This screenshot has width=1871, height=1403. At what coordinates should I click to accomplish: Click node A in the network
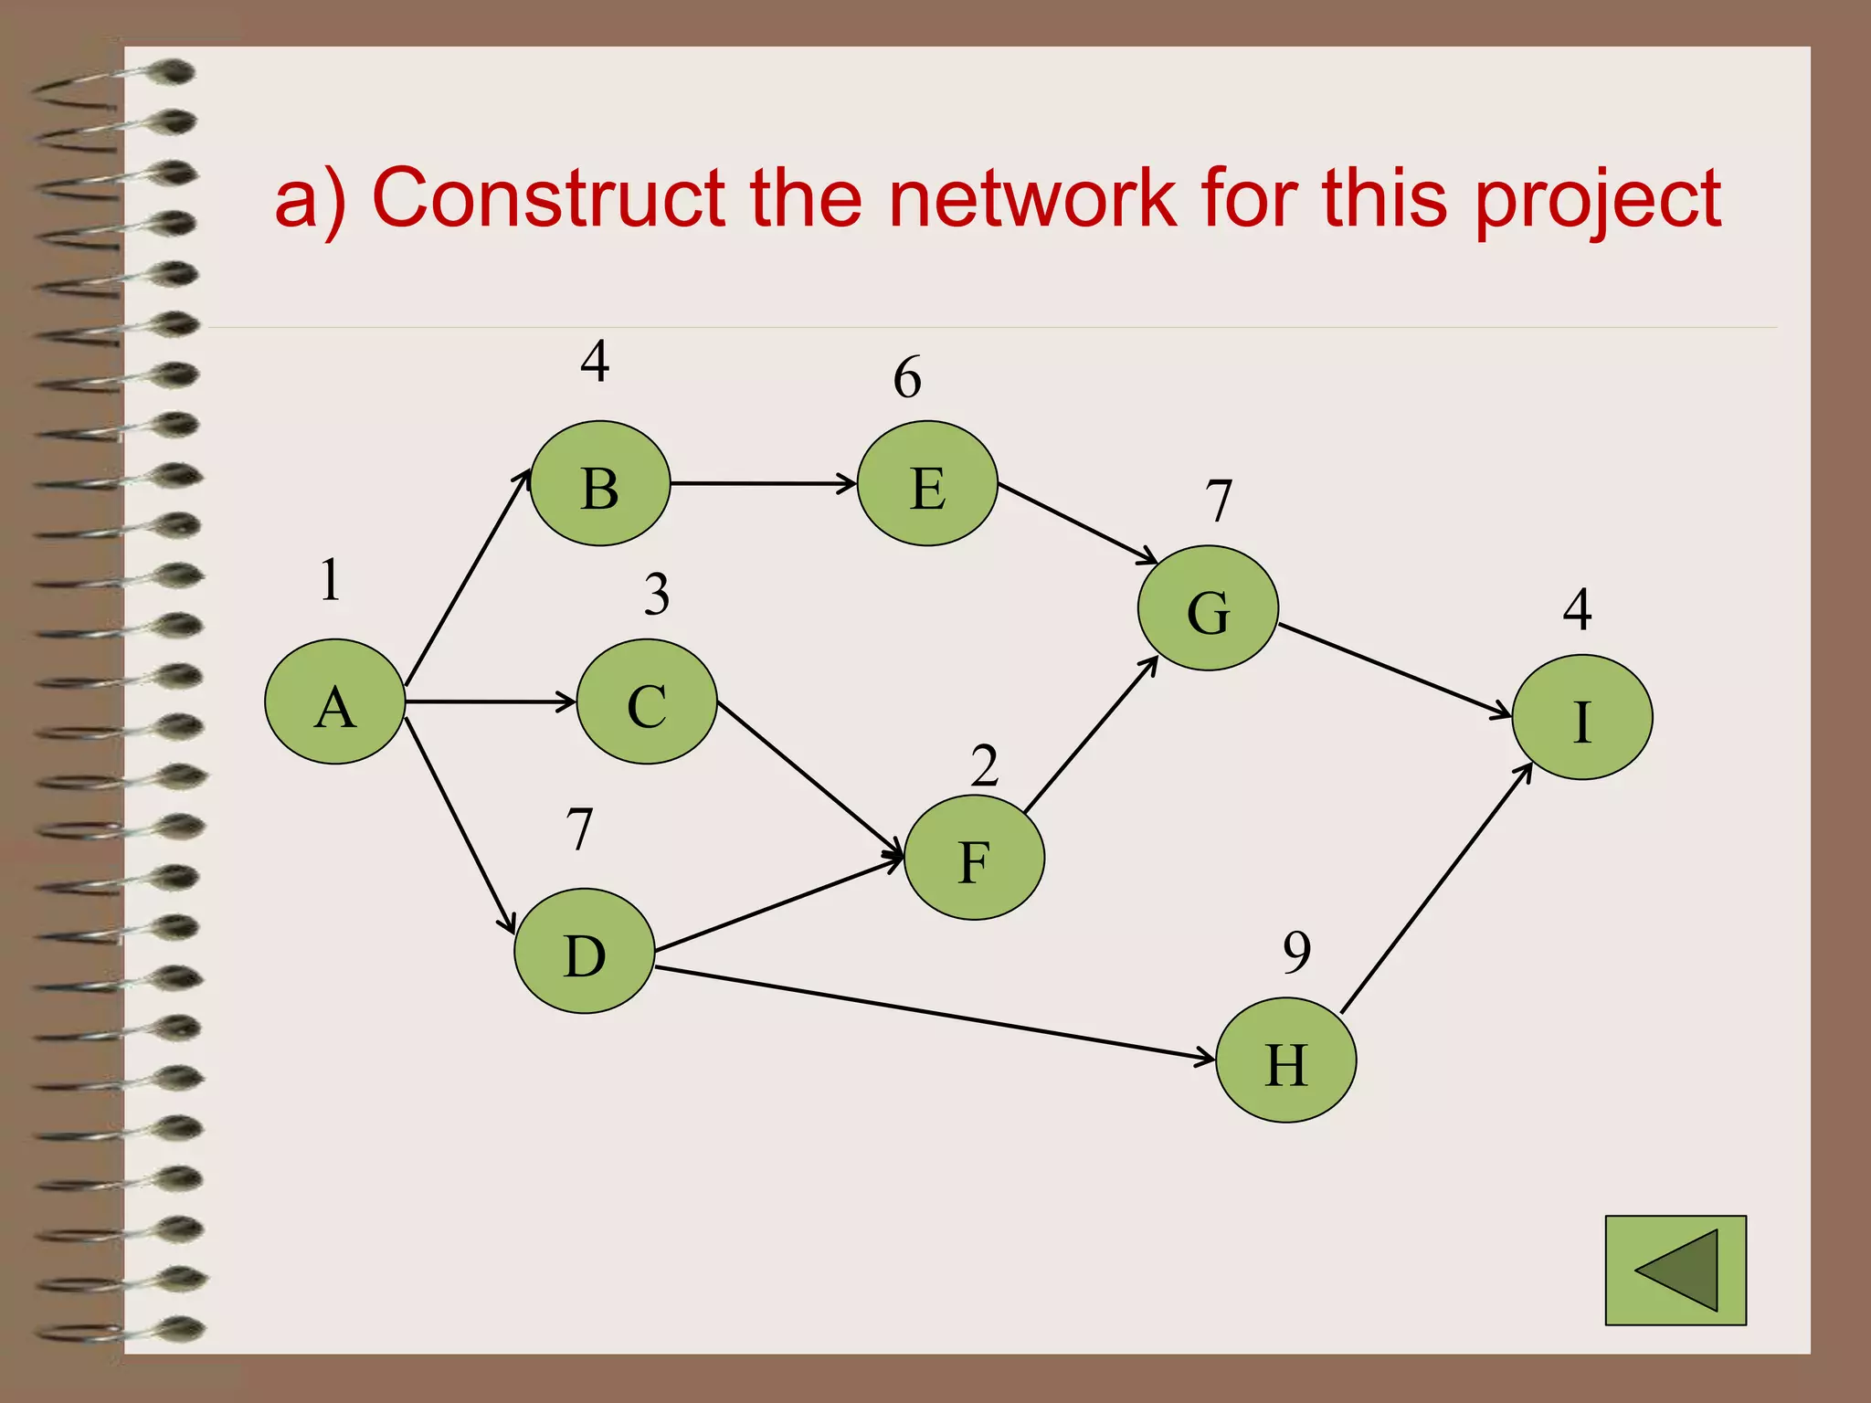334,701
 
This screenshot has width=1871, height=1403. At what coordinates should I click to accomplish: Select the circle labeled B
600,483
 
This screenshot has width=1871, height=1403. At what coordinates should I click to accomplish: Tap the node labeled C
647,701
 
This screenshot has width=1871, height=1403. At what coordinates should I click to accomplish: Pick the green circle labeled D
584,951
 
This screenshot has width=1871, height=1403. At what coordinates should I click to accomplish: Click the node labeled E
927,483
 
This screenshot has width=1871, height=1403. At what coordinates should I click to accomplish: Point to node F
974,857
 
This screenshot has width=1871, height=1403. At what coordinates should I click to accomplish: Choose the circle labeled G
1207,608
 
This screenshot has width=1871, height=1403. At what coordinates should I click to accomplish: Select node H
1285,1060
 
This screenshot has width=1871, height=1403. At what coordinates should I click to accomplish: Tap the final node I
1581,717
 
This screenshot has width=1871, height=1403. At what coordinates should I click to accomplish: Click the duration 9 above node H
1296,952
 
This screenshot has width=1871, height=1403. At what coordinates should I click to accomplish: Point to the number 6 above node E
907,377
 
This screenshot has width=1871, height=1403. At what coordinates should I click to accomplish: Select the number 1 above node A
331,579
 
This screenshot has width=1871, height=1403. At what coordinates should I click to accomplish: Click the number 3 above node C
656,594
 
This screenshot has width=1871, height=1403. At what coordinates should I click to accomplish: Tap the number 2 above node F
984,765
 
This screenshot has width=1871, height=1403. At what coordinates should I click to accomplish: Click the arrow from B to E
763,483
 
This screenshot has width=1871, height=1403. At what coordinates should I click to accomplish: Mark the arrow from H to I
1436,888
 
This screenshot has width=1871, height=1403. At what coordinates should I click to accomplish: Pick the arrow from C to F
809,778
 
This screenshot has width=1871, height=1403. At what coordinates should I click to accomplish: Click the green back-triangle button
1675,1270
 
